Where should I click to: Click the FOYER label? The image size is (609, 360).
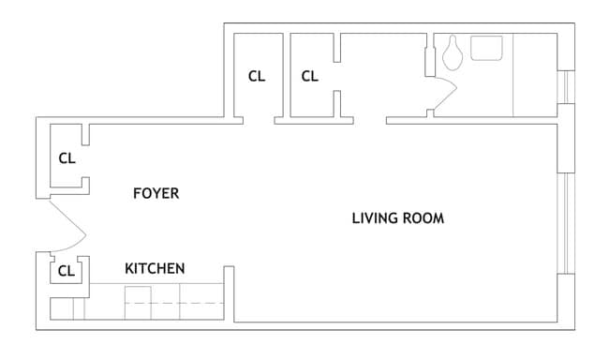156,193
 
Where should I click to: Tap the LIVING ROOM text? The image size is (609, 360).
397,218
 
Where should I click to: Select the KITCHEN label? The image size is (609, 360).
155,269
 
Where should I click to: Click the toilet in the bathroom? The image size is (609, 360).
453,52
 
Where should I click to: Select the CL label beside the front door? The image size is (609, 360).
67,158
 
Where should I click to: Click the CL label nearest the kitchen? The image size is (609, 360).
66,271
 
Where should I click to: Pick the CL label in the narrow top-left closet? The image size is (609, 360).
257,76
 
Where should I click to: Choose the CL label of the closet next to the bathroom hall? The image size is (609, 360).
309,76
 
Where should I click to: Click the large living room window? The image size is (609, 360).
566,223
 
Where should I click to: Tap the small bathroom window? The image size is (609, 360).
566,87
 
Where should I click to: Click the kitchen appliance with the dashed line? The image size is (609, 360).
138,303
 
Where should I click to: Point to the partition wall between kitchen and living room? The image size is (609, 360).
230,294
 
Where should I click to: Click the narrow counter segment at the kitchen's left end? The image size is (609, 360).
79,308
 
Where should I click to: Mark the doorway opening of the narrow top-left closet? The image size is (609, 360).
259,121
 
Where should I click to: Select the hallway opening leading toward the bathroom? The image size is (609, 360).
370,121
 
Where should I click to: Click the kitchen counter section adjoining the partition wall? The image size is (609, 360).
202,302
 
